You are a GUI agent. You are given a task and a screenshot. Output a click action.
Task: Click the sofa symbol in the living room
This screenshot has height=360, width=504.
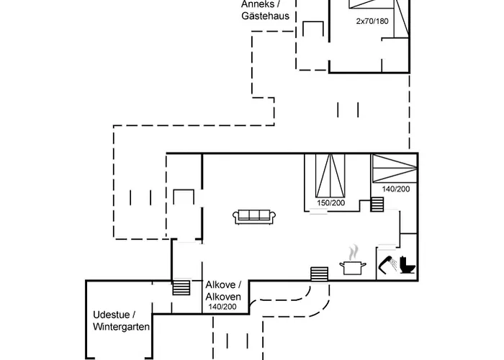(x=252, y=216)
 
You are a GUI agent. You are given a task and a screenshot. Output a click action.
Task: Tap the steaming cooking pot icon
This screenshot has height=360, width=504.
(x=353, y=264)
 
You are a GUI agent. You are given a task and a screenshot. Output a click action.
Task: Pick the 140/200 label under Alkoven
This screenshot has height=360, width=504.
(x=222, y=307)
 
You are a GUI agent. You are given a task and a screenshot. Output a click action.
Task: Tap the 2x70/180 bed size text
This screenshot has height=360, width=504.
(x=372, y=22)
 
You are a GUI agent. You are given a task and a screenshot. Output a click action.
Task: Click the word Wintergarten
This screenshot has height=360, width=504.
(x=122, y=327)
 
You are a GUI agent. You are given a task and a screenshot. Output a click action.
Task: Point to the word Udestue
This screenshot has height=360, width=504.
(x=114, y=315)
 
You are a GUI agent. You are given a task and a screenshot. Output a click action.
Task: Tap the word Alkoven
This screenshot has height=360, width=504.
(x=222, y=297)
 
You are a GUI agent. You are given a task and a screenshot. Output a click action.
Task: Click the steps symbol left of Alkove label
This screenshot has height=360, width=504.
(x=182, y=287)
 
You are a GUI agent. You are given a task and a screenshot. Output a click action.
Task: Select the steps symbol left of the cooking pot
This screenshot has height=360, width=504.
(x=320, y=274)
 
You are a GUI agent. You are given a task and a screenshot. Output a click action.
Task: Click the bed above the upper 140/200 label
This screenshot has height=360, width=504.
(x=395, y=168)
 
